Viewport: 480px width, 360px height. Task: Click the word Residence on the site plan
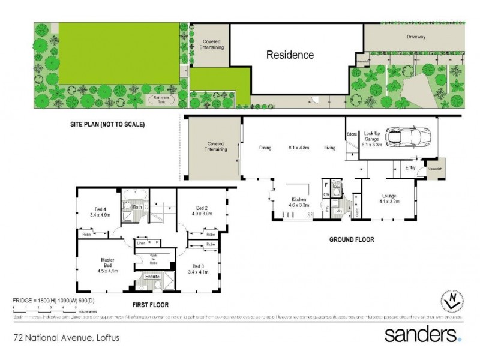[x=290, y=55]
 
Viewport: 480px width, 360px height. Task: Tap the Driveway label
[x=416, y=37]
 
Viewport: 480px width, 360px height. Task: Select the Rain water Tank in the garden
[x=160, y=100]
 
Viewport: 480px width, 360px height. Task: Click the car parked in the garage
[x=408, y=137]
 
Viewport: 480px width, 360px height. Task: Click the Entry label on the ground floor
[x=410, y=167]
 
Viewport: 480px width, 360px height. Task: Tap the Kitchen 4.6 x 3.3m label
[x=300, y=202]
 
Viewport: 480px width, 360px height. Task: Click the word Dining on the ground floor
[x=265, y=148]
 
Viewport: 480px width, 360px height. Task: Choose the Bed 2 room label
[x=202, y=211]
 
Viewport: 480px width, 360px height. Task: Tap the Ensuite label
[x=152, y=277]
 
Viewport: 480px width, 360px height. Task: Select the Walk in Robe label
[x=154, y=259]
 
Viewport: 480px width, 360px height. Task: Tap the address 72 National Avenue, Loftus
[x=67, y=338]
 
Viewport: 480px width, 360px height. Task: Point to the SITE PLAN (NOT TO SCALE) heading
[x=107, y=125]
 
